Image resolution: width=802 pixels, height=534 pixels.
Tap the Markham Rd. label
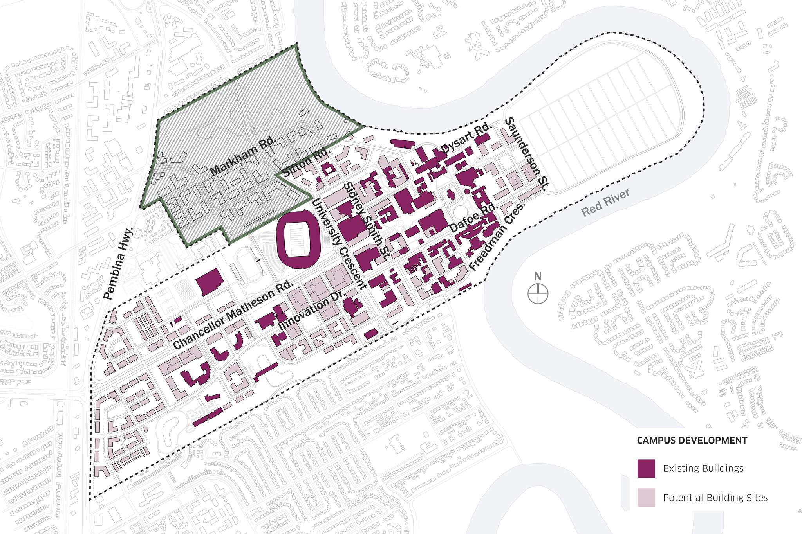[243, 156]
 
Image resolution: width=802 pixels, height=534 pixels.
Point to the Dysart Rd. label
[466, 138]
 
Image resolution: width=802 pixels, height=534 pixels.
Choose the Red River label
[605, 202]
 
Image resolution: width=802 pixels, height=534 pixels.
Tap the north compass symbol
[538, 294]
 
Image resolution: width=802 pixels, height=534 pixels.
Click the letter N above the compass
[538, 276]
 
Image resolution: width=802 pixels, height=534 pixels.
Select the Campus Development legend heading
[692, 441]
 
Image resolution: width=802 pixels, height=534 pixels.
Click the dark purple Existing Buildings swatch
[646, 468]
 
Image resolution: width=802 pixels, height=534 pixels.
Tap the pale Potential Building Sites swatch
[646, 498]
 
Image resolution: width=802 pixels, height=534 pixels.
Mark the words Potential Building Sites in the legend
[715, 498]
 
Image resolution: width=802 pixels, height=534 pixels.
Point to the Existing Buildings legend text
[703, 468]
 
